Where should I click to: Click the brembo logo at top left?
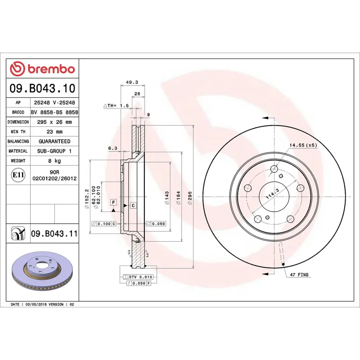point(42,69)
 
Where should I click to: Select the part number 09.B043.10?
point(42,88)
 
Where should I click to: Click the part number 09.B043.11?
point(54,234)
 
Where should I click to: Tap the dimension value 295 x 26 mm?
point(54,122)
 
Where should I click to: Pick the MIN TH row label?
point(18,132)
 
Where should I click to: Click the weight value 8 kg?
point(54,161)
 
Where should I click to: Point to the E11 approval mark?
point(18,175)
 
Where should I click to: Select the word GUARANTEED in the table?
point(54,141)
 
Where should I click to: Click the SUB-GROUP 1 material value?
point(54,151)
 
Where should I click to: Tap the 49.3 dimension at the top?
point(131,82)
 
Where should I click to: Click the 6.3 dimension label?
point(112,148)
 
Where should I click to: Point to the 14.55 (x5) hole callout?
point(303,145)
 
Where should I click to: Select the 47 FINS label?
point(299,274)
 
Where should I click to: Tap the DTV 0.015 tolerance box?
point(141,276)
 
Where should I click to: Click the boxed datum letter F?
point(113,202)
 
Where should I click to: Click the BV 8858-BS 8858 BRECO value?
point(54,112)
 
